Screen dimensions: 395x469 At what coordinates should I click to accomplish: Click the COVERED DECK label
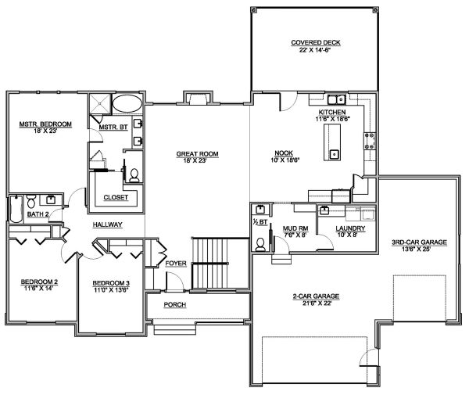(316, 42)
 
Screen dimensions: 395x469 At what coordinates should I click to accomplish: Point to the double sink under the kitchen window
(337, 100)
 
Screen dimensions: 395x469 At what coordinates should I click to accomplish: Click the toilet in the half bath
(260, 242)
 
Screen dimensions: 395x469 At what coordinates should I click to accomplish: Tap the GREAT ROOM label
(196, 154)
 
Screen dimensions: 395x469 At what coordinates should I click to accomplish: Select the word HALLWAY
(107, 224)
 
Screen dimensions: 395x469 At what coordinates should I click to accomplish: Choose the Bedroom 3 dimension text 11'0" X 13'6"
(111, 288)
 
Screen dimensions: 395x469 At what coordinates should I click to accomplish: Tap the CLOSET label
(116, 198)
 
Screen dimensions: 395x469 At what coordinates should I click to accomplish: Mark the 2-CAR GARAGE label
(315, 297)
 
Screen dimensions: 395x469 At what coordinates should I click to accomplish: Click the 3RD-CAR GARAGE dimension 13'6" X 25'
(419, 250)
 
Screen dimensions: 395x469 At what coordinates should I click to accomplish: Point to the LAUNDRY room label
(345, 228)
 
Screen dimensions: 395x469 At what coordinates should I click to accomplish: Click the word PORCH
(174, 304)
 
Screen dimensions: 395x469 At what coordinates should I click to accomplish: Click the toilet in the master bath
(134, 174)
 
